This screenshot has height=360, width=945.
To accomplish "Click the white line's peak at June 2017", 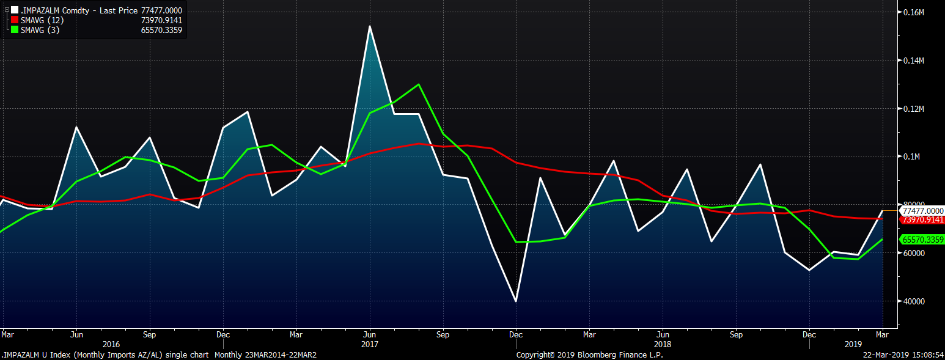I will coord(369,26).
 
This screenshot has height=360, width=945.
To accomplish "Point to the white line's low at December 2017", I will coord(516,301).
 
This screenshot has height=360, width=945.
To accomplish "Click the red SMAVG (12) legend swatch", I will coord(15,20).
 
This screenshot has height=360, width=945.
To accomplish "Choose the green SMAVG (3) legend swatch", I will coord(15,30).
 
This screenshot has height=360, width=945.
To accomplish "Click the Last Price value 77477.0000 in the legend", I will coord(161,10).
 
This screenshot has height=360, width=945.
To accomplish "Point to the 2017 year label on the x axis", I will coord(369,344).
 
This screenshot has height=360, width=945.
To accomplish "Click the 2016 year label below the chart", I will coord(112,344).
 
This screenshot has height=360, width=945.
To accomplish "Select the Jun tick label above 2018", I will coord(663,335).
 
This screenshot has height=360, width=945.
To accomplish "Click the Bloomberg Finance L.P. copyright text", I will coord(589,354).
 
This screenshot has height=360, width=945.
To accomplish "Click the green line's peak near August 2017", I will coord(418,84).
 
